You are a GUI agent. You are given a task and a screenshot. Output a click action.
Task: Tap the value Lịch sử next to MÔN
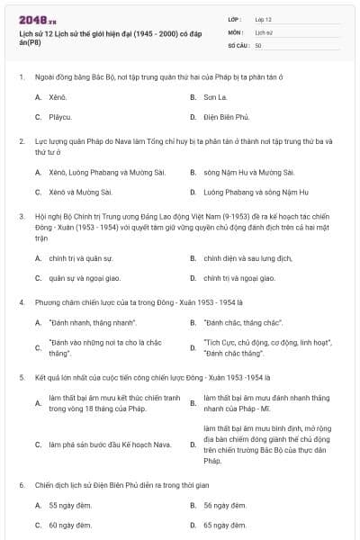pyautogui.click(x=263, y=31)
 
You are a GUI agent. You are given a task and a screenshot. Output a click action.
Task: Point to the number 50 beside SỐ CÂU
pyautogui.click(x=258, y=44)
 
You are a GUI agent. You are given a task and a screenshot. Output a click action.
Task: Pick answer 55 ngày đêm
pyautogui.click(x=66, y=505)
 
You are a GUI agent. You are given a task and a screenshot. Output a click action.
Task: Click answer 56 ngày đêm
pyautogui.click(x=220, y=505)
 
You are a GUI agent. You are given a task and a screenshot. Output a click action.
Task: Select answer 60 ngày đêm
pyautogui.click(x=66, y=525)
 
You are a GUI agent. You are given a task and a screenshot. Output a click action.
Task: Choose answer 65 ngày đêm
pyautogui.click(x=220, y=525)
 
